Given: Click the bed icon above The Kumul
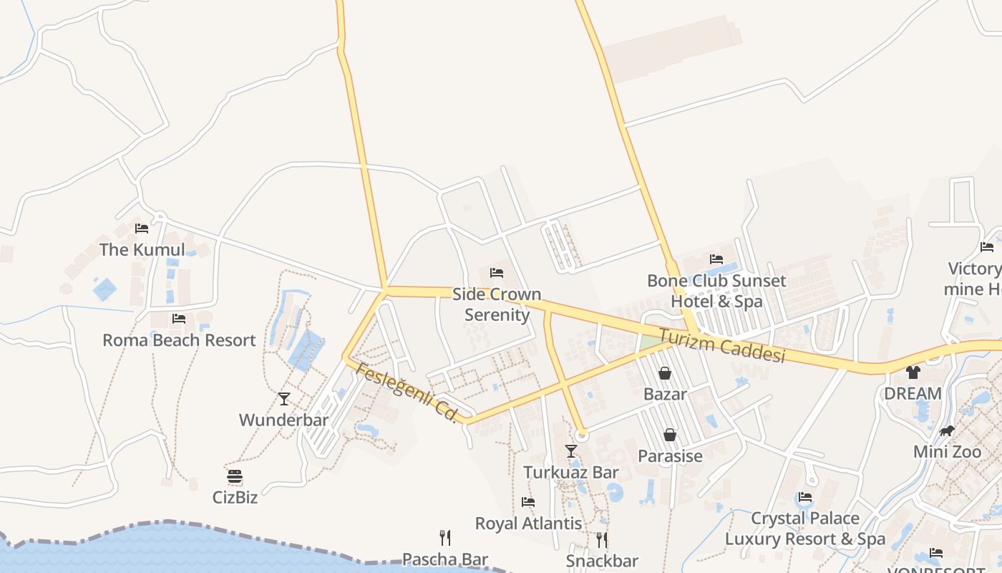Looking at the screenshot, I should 142,228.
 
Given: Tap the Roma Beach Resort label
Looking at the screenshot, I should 179,340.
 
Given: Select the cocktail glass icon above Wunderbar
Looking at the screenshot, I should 284,399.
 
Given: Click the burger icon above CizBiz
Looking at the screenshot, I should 235,476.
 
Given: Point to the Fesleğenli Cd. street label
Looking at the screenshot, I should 407,393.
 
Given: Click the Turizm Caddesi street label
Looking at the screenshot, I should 721,346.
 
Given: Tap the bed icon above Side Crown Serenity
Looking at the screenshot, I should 497,273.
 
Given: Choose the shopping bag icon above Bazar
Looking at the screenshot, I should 665,373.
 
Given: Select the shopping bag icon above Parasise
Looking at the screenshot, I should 670,435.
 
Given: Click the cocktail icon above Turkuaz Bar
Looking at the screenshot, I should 571,451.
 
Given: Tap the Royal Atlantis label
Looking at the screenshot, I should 529,524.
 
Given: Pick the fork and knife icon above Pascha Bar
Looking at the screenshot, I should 445,538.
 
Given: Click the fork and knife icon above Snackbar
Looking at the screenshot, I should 602,539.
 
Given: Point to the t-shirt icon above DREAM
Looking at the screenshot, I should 913,372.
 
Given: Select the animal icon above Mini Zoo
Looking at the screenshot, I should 947,430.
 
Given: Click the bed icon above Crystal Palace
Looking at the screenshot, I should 805,497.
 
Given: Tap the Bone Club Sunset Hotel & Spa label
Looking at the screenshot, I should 716,291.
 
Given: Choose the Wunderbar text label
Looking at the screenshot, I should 284,420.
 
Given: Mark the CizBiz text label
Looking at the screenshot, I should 235,497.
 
